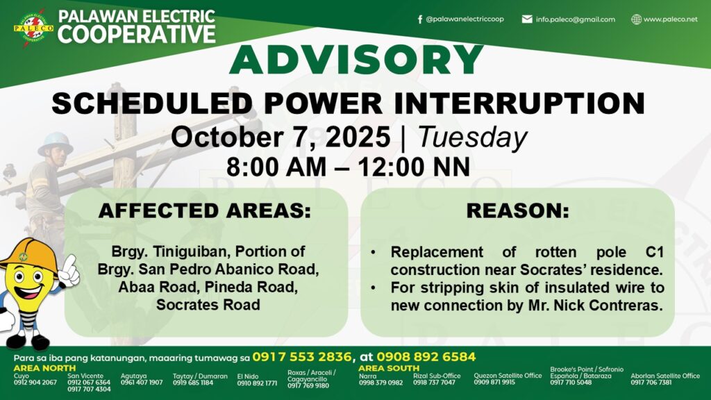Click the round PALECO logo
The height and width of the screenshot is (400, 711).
point(33,28)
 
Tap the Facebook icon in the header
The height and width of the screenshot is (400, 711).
point(420,19)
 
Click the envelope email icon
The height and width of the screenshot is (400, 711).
point(527,19)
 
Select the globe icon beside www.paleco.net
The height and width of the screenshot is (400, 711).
point(637,19)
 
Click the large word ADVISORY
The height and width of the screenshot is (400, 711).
point(356,60)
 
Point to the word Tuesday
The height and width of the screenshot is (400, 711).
point(472,137)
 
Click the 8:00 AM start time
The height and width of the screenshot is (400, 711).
point(276,167)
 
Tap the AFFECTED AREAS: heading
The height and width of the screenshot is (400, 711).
point(205,211)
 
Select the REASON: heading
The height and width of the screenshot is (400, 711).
point(518,211)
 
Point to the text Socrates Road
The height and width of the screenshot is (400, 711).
point(208,304)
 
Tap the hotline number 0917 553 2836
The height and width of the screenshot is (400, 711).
point(301,357)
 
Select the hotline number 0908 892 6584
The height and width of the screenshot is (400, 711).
point(426,357)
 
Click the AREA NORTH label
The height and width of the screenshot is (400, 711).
point(44,368)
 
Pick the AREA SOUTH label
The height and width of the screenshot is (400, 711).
point(389,368)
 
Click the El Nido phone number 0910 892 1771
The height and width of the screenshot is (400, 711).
point(257,383)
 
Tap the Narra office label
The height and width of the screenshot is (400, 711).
point(367,376)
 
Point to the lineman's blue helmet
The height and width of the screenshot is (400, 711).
point(56,142)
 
